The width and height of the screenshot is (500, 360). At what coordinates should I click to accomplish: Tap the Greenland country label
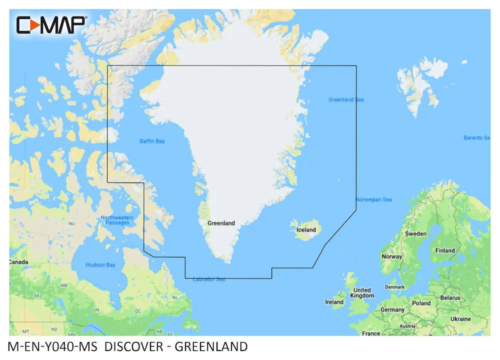pyautogui.click(x=221, y=223)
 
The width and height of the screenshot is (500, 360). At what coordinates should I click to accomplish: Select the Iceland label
pyautogui.click(x=306, y=230)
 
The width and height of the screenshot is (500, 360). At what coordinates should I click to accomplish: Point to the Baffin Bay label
pyautogui.click(x=152, y=141)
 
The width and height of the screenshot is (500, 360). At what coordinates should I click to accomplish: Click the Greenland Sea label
pyautogui.click(x=346, y=99)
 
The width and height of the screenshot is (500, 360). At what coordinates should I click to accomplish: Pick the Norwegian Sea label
pyautogui.click(x=373, y=199)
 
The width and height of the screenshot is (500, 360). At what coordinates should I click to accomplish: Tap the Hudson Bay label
pyautogui.click(x=100, y=265)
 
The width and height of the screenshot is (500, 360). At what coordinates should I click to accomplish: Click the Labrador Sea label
pyautogui.click(x=208, y=279)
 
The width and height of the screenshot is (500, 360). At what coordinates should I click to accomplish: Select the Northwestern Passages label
pyautogui.click(x=117, y=220)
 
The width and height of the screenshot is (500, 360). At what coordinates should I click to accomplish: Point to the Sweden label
pyautogui.click(x=415, y=233)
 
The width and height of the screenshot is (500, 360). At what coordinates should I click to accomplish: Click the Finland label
pyautogui.click(x=445, y=250)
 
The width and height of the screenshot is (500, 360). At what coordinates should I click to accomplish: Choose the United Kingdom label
pyautogui.click(x=362, y=292)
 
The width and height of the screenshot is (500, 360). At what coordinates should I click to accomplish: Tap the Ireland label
pyautogui.click(x=334, y=302)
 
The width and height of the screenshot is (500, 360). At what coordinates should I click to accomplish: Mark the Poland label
pyautogui.click(x=421, y=303)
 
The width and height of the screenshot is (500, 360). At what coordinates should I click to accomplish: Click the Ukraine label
pyautogui.click(x=460, y=318)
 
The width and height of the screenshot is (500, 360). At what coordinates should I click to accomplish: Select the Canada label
pyautogui.click(x=19, y=262)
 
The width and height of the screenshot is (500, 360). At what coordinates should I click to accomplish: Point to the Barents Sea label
pyautogui.click(x=476, y=137)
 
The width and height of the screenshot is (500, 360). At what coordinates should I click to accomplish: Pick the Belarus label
pyautogui.click(x=450, y=297)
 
